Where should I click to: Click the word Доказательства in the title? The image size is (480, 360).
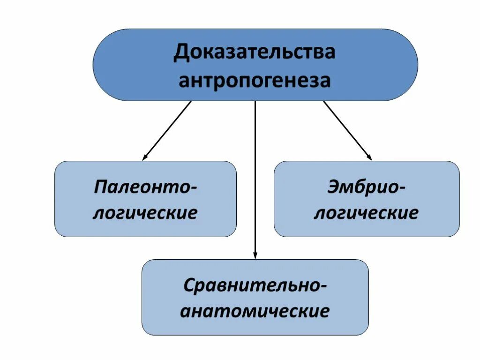[255, 52]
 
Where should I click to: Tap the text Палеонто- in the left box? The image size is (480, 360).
[145, 187]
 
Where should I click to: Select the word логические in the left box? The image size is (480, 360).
[145, 213]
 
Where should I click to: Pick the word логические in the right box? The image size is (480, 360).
[366, 213]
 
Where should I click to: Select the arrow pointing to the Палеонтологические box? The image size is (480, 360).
[167, 131]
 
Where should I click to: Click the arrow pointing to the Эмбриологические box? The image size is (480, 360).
[347, 131]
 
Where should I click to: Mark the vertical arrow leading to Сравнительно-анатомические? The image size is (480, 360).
[255, 178]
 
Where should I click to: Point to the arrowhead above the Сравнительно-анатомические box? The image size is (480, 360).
[255, 255]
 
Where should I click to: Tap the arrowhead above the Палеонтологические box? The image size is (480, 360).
[145, 157]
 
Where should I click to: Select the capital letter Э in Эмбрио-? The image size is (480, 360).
[334, 187]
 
